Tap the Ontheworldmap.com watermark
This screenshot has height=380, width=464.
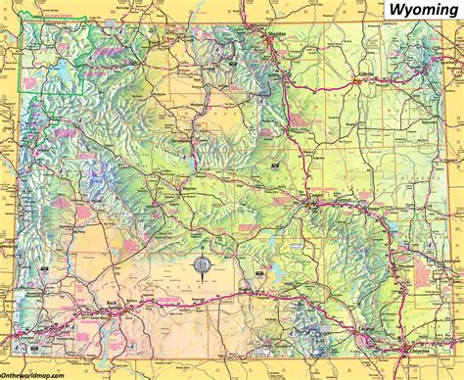38,373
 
